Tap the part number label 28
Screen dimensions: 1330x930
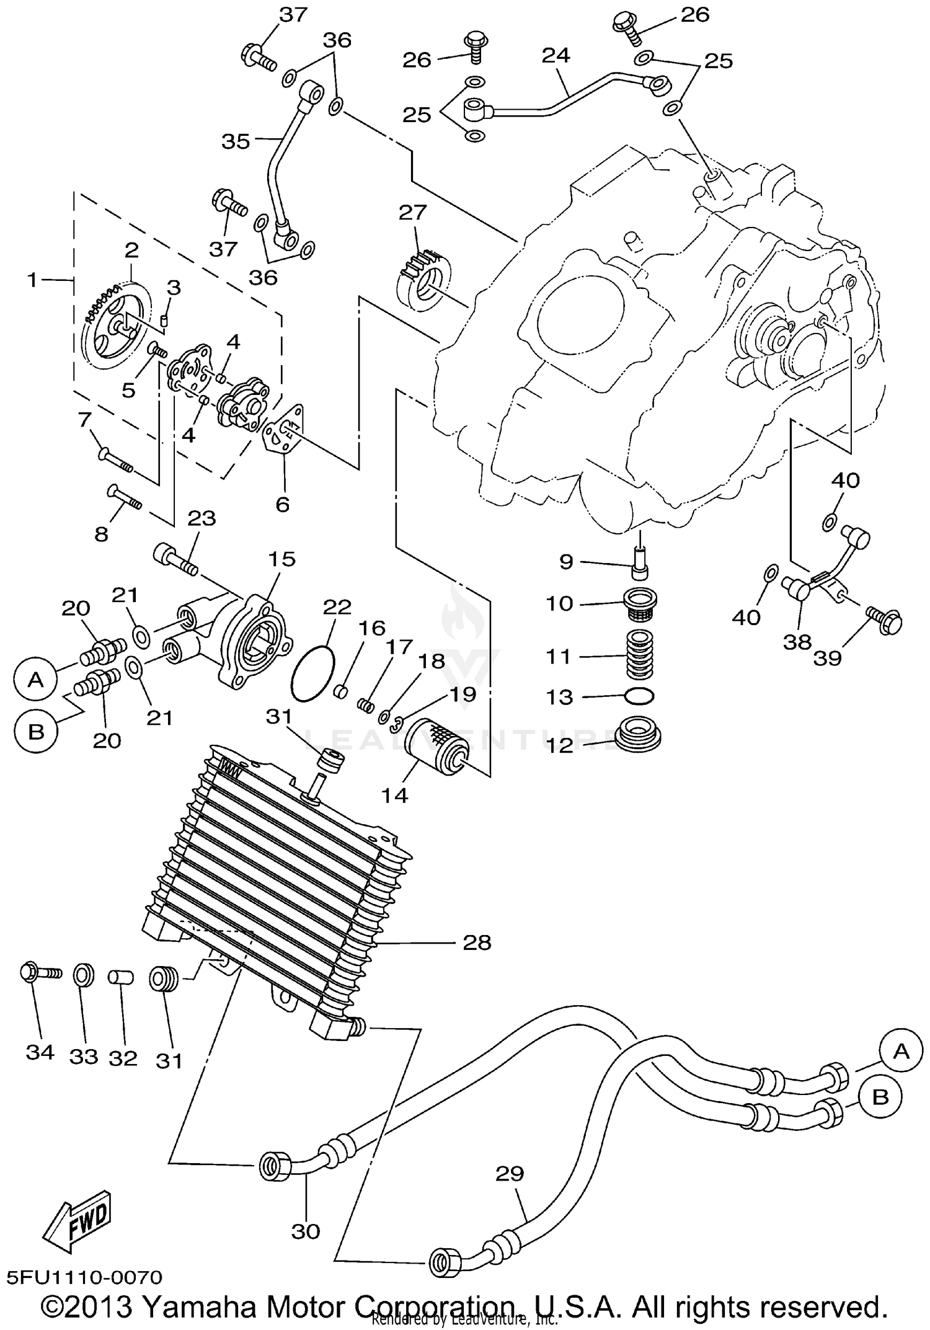pos(477,943)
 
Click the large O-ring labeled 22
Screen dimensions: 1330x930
pos(312,674)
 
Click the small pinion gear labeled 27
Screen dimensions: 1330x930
pos(423,280)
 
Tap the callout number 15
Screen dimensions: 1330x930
pos(281,559)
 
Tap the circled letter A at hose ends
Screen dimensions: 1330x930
pos(900,1051)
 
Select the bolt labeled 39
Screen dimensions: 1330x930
pos(883,619)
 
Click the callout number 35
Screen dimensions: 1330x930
pos(236,141)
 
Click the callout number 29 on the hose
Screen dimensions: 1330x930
pos(510,1174)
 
